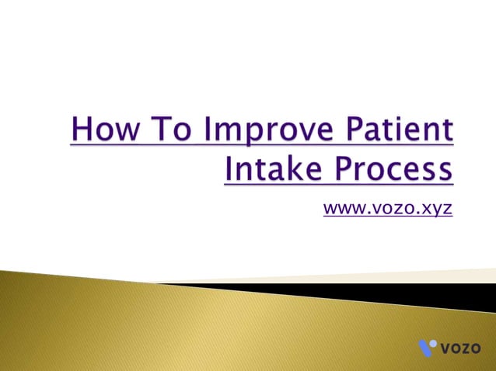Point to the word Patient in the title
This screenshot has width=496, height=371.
point(401,130)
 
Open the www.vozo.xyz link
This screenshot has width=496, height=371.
point(387,209)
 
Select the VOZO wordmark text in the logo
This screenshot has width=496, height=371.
point(460,347)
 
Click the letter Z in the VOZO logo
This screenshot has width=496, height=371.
point(467,347)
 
